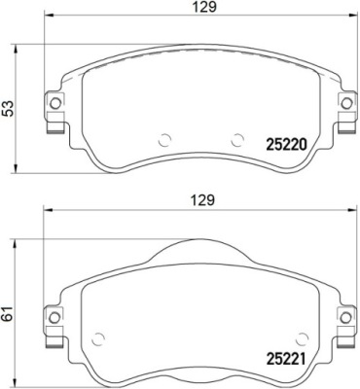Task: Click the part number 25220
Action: (x=286, y=146)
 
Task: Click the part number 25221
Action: (x=286, y=360)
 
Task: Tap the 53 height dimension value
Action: (x=9, y=108)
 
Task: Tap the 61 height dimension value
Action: (x=9, y=313)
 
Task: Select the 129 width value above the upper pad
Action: (x=204, y=7)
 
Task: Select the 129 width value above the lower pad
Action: (x=203, y=200)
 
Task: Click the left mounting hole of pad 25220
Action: (x=55, y=103)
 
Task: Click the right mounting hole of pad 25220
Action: (x=346, y=103)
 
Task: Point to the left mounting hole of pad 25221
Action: (x=54, y=317)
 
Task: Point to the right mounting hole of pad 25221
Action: (x=346, y=317)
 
